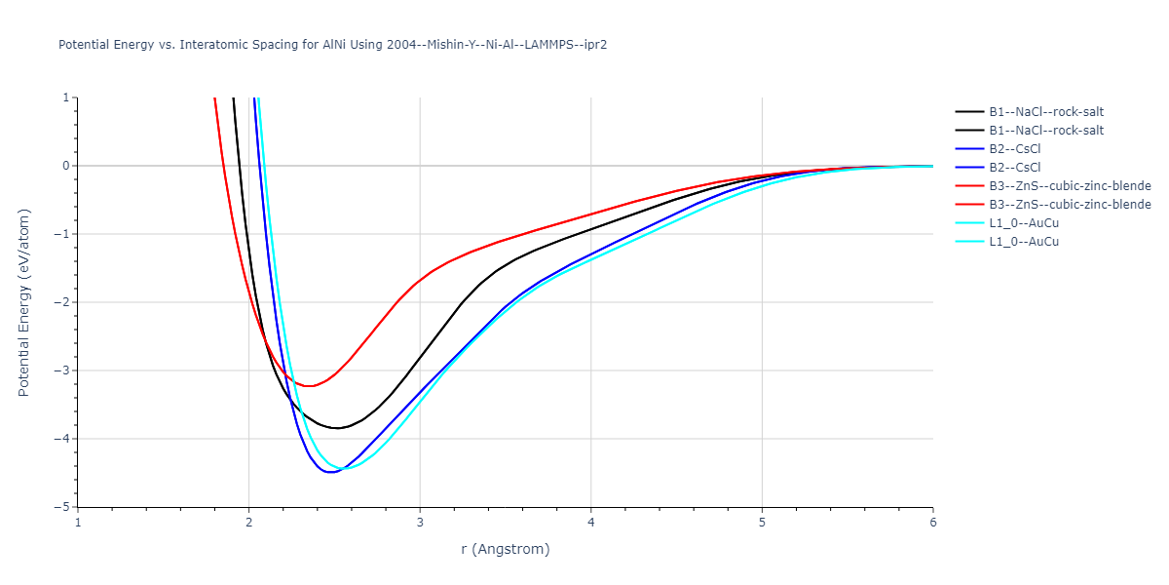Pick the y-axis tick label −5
point(64,507)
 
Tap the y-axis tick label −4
point(64,439)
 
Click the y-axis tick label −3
point(64,370)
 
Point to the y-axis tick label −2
point(64,302)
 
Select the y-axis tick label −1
point(64,234)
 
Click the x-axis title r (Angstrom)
point(506,549)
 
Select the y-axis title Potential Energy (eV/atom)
point(25,302)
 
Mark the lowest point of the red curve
point(310,386)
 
